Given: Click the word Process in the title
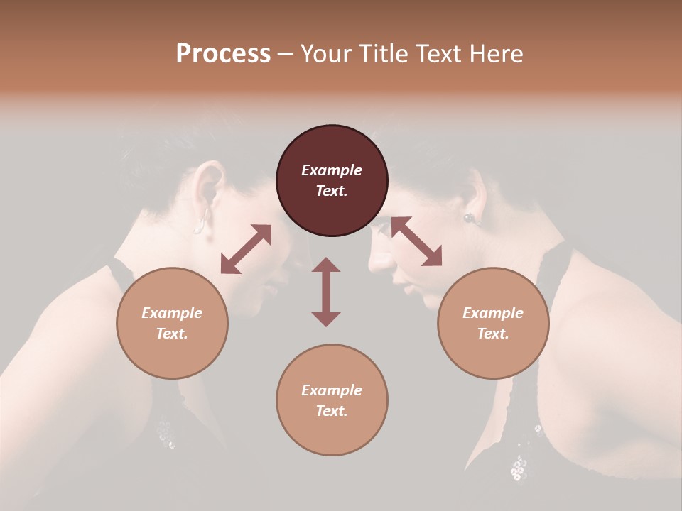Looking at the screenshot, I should point(223,54).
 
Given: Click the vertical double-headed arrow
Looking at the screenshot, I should point(326,292).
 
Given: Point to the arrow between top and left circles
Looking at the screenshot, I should point(246,249).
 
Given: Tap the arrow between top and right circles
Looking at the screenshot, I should point(416,241).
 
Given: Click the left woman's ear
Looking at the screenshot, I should point(207,186).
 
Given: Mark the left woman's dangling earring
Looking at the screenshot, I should point(202,221).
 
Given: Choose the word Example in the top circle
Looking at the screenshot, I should point(332,170).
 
